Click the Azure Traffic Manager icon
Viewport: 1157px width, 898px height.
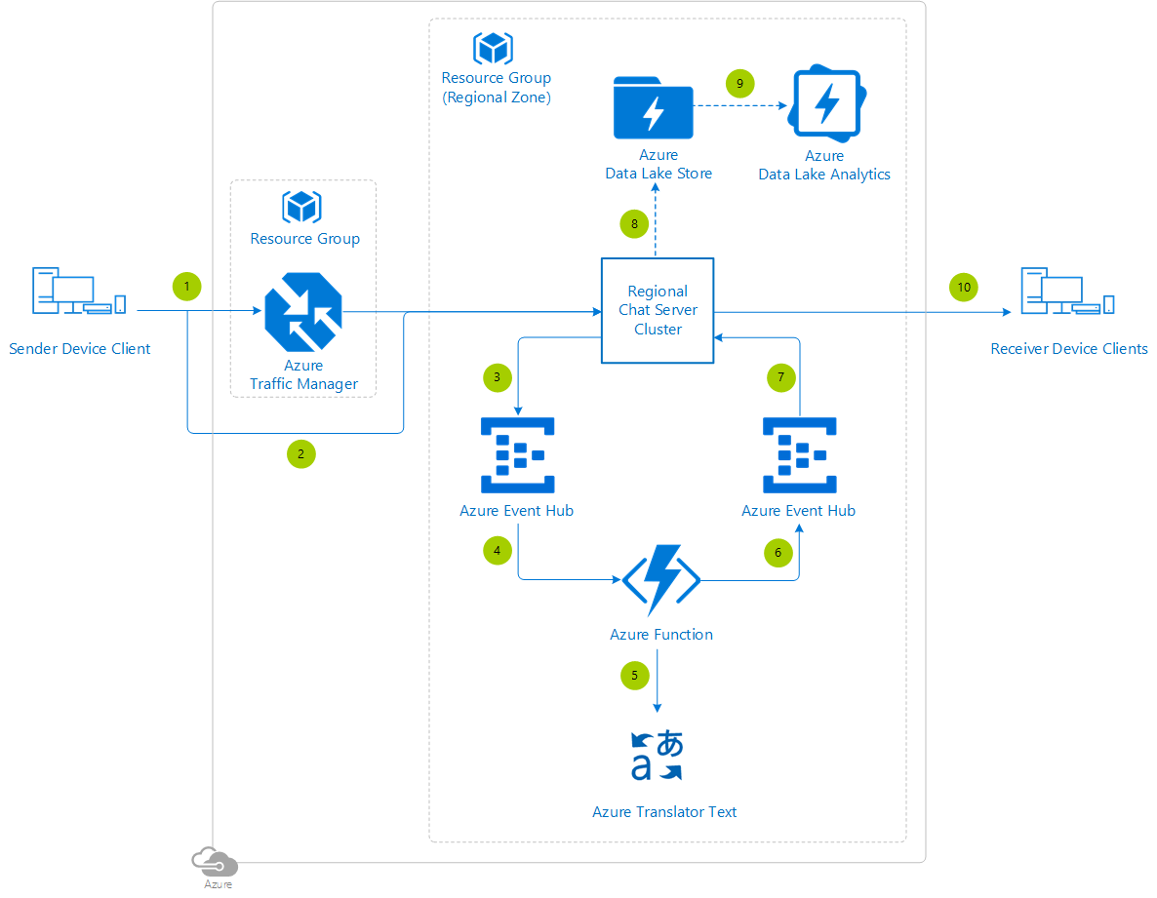[301, 312]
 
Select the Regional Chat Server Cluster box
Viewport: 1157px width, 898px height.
[657, 310]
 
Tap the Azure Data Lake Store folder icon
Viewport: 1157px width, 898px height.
[653, 108]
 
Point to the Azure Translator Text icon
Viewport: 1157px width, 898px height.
[658, 756]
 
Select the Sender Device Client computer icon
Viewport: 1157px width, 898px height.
[79, 292]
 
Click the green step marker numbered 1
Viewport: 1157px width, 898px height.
[186, 287]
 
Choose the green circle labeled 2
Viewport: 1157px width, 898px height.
[300, 453]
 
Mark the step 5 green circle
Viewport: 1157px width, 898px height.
[634, 675]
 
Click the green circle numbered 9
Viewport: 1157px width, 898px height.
[739, 84]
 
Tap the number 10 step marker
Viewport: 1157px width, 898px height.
[964, 287]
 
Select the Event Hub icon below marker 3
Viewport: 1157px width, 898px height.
[517, 454]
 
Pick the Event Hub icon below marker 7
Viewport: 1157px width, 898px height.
[798, 454]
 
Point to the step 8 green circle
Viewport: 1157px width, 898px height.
[634, 224]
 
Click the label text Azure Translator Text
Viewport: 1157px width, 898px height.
[664, 811]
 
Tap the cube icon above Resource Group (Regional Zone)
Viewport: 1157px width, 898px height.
[493, 48]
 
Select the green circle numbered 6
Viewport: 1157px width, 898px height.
[778, 553]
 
